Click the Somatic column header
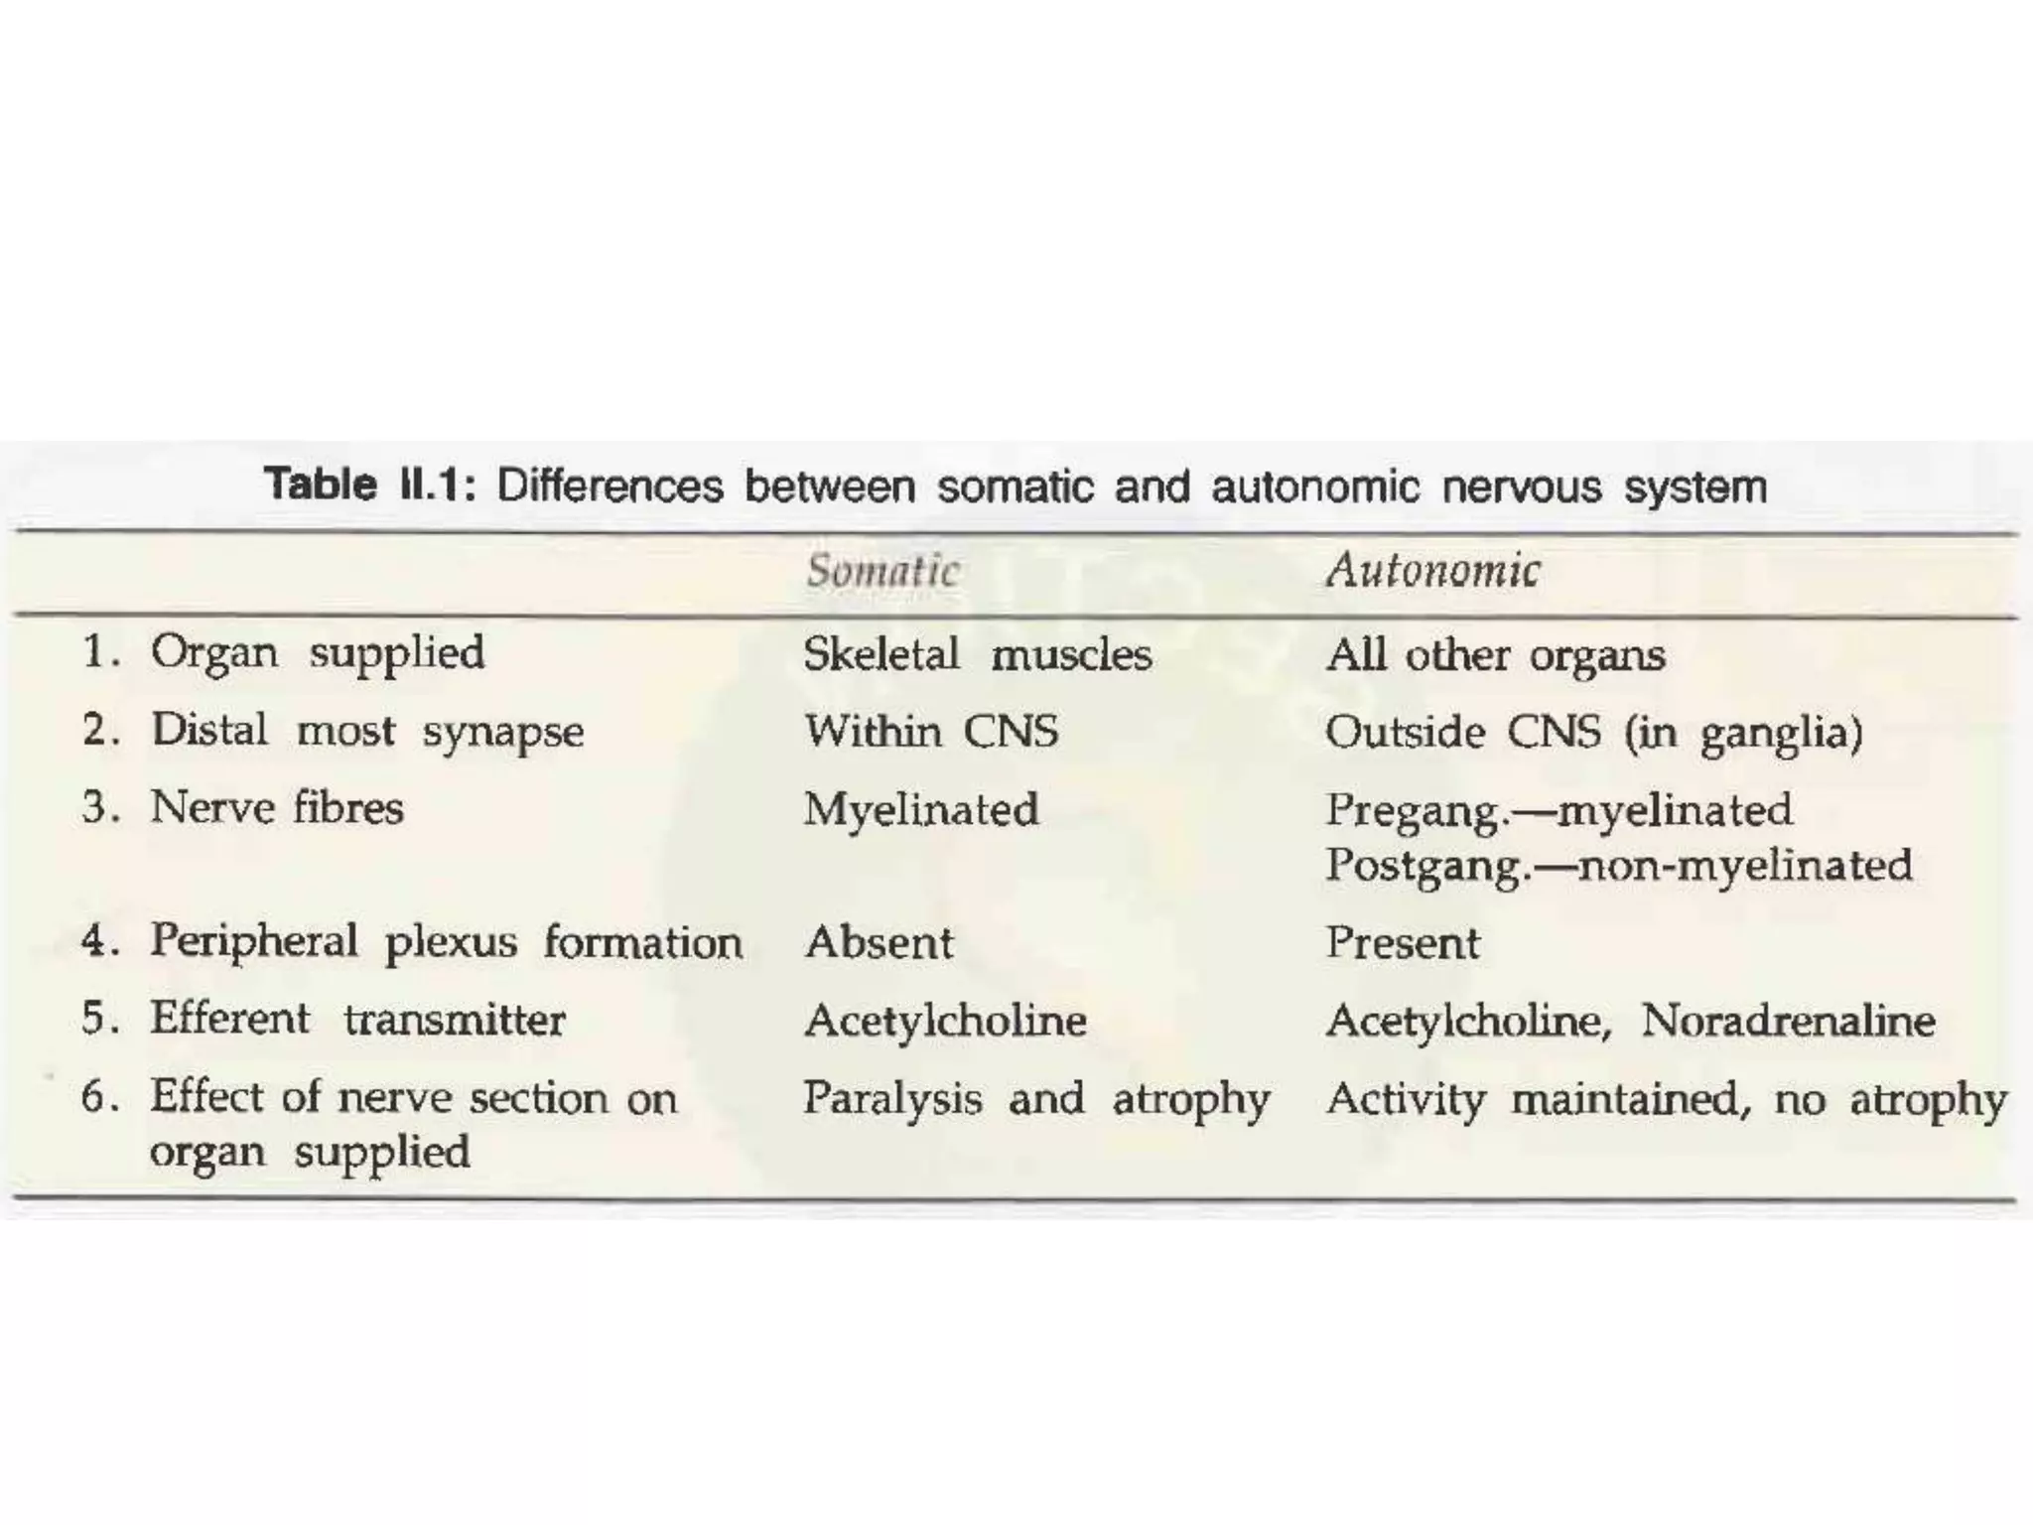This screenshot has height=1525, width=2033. point(881,571)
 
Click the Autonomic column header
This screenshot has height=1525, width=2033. point(1432,570)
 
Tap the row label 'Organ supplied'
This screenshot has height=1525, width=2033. point(318,654)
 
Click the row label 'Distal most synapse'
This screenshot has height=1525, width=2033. point(367,732)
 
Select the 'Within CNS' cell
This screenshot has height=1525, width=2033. point(931,732)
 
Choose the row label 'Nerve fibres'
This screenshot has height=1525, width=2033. point(277,807)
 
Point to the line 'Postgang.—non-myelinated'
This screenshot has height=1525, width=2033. point(1618,865)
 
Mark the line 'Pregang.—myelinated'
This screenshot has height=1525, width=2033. point(1559,809)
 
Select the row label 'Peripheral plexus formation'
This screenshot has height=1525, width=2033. point(446,942)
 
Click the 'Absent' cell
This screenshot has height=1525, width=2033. point(879,942)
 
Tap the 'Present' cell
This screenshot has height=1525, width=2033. point(1402,942)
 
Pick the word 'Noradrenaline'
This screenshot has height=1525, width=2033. point(1787,1021)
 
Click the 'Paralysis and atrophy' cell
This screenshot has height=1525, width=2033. point(1035,1099)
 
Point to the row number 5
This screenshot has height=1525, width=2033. point(95,1019)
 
